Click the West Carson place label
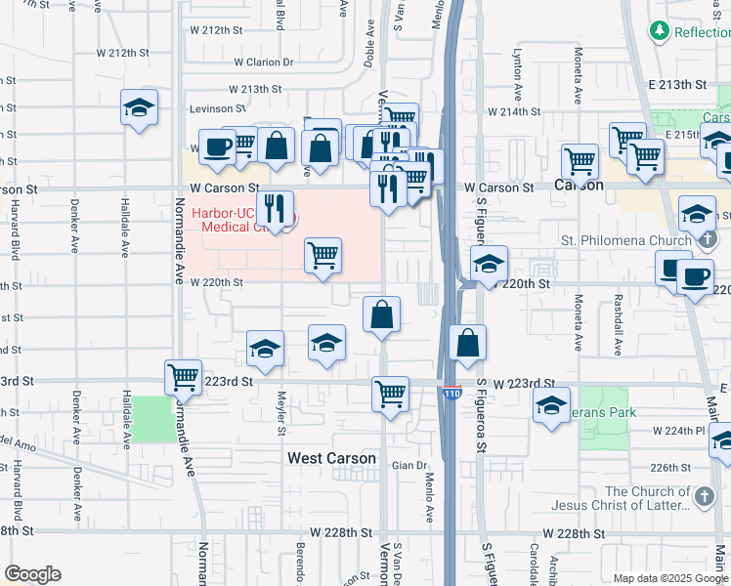pos(331,458)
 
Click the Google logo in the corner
pos(32,574)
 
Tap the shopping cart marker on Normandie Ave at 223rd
pos(183,377)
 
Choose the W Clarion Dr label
pos(263,63)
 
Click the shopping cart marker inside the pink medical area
pos(322,256)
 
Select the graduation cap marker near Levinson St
pos(139,106)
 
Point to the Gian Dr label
pos(411,466)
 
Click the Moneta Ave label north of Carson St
pos(578,87)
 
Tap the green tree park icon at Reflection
pos(661,31)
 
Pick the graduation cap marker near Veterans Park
pos(551,404)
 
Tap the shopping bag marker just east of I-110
pos(468,343)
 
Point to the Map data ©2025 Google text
pos(671,578)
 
